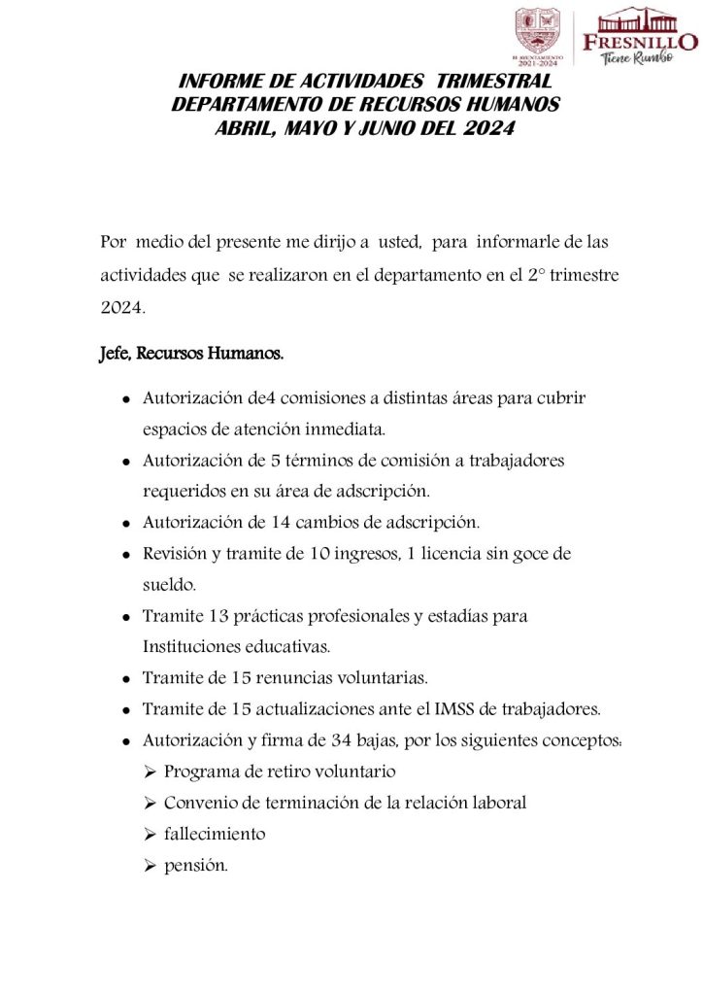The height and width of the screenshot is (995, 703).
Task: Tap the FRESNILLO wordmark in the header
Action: point(639,41)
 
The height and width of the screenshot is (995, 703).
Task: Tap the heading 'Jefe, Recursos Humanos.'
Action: point(191,354)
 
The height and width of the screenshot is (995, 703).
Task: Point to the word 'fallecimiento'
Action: point(215,834)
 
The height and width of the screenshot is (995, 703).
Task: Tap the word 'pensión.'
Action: point(196,865)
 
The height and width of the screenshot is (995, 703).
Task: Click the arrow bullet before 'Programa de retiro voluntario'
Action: point(150,772)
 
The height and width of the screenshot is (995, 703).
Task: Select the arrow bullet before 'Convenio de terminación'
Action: point(150,803)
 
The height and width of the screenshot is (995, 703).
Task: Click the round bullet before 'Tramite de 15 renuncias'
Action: point(127,678)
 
